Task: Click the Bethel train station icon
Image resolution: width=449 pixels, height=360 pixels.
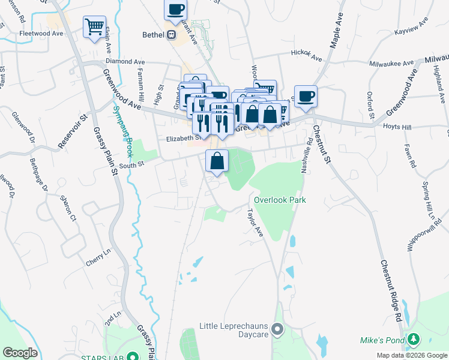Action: point(171,35)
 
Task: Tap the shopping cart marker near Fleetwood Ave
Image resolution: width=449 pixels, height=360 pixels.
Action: point(94,26)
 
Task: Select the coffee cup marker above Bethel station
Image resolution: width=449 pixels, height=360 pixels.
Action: point(175,10)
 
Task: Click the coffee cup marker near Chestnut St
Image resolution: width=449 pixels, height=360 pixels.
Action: point(306,96)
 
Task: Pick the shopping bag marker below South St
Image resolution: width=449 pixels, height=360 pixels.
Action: point(217,161)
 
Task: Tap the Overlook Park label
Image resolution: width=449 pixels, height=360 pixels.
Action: point(280,200)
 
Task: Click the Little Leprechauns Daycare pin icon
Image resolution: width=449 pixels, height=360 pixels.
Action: point(277,329)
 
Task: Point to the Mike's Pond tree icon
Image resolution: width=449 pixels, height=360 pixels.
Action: point(412,340)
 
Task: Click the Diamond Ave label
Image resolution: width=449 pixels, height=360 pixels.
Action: point(125,61)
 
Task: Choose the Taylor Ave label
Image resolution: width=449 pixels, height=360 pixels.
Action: point(256,223)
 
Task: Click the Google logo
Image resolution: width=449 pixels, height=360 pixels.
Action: point(20,353)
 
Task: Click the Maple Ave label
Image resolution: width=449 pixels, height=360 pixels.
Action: point(336,30)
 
